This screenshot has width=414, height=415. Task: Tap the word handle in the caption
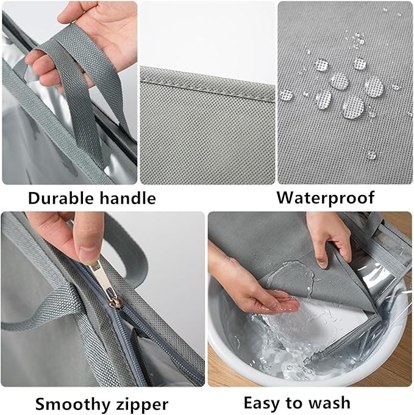[124, 198]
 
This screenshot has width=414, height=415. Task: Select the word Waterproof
[326, 197]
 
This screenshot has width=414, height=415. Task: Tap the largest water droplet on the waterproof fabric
[353, 107]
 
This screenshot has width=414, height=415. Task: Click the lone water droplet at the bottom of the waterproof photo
[371, 155]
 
